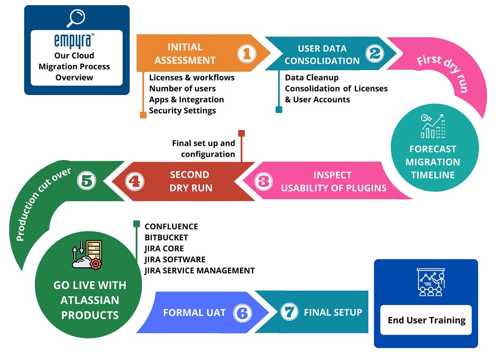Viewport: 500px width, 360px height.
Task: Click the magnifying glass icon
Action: [76, 18]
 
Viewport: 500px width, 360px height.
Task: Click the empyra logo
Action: [74, 41]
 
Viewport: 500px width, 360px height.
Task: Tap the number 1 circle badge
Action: [247, 53]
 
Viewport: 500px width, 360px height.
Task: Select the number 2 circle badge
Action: [375, 53]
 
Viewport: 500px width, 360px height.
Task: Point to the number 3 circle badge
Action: [263, 181]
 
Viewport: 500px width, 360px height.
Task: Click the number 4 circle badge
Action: [135, 181]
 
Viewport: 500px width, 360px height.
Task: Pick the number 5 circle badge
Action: [87, 180]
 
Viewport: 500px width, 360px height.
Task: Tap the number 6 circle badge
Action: [242, 313]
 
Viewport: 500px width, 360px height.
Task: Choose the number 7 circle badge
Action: [289, 312]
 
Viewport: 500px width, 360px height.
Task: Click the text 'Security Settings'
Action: [182, 111]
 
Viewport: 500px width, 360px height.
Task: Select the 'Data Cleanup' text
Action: [312, 78]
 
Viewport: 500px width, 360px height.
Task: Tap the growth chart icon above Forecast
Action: [433, 126]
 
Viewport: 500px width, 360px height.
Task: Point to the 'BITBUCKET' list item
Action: [166, 238]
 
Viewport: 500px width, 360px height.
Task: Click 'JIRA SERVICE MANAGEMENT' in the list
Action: [199, 271]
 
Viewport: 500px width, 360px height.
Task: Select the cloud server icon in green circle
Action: [87, 254]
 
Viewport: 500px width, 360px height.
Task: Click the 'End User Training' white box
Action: [426, 320]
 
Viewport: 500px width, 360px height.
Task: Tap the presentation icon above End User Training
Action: [431, 282]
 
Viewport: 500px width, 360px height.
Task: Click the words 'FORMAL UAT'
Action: [194, 313]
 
